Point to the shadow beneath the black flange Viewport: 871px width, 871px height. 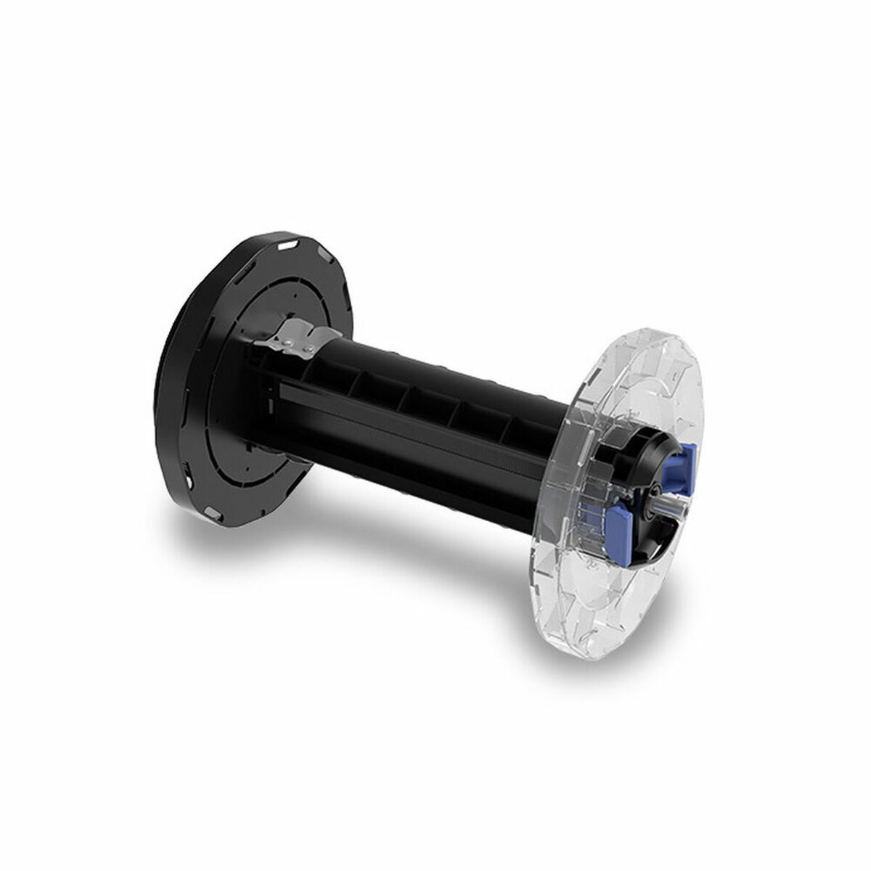[218, 552]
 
